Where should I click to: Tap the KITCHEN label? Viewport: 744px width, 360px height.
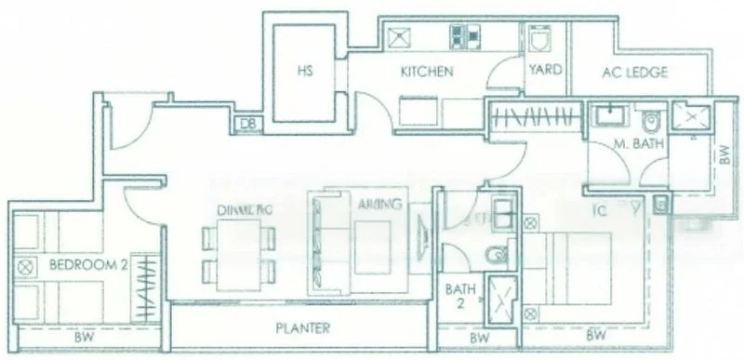pyautogui.click(x=427, y=71)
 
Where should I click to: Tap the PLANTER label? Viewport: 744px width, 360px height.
pyautogui.click(x=302, y=328)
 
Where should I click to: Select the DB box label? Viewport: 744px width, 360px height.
pyautogui.click(x=247, y=123)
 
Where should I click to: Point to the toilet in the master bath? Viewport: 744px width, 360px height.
pyautogui.click(x=652, y=122)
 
